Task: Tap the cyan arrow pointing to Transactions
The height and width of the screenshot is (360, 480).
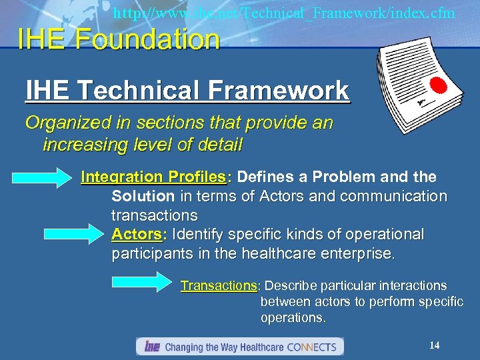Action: [x=145, y=281]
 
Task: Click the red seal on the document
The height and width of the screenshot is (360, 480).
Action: [x=438, y=87]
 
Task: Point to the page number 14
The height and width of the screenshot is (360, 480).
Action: [x=434, y=345]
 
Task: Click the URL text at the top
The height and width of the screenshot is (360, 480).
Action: [x=284, y=13]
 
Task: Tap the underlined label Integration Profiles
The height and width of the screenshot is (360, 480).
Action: [x=153, y=177]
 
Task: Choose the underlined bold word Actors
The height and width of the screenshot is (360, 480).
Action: [x=137, y=235]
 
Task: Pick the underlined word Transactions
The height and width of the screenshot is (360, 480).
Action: [x=219, y=286]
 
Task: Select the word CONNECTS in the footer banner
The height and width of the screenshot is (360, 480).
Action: [x=314, y=347]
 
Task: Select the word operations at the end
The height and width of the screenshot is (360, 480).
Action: [x=293, y=317]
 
